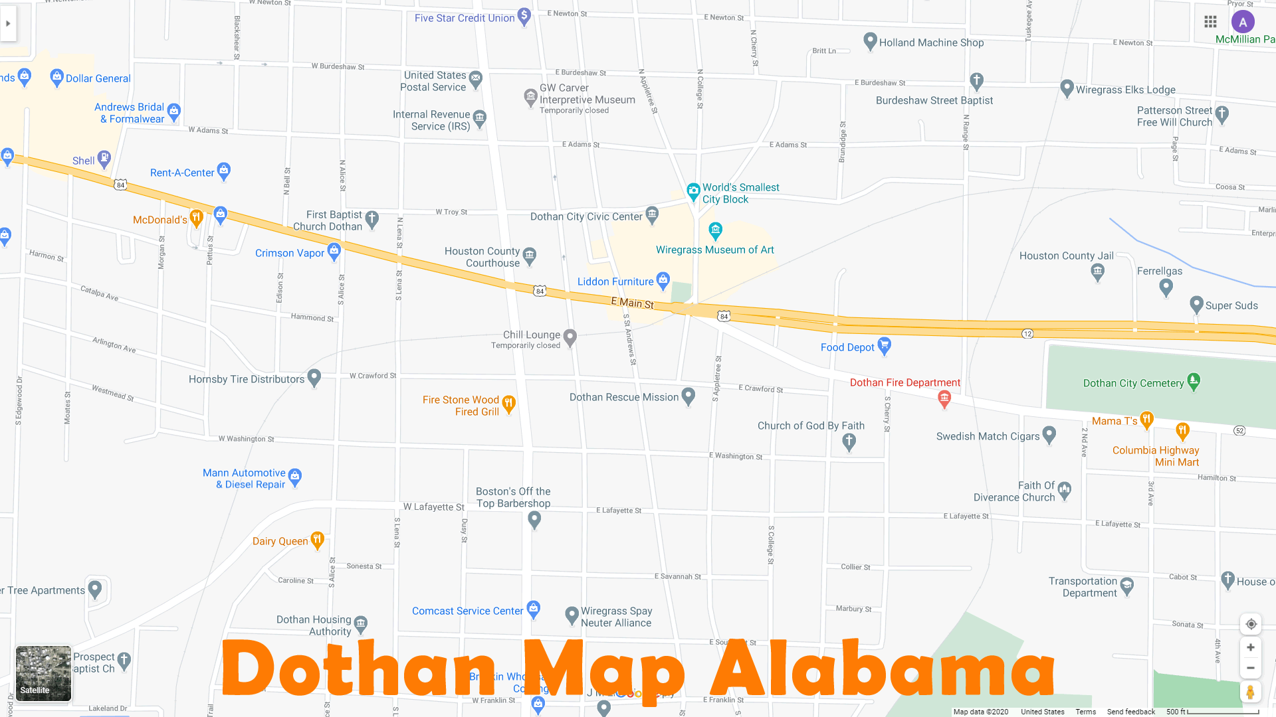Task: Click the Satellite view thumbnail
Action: tap(43, 673)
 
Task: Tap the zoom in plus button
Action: tap(1250, 647)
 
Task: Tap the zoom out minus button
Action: tap(1250, 668)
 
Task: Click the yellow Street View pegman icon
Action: tap(1250, 692)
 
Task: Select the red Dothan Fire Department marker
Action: tap(944, 398)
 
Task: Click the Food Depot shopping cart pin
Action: tap(884, 345)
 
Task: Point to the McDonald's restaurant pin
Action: tap(196, 217)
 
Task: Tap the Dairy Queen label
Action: tap(280, 541)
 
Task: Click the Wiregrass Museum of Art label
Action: tap(714, 250)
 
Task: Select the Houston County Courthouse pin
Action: tap(530, 255)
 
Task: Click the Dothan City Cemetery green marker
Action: tap(1194, 381)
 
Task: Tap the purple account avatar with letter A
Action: tap(1243, 22)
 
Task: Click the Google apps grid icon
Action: tap(1210, 22)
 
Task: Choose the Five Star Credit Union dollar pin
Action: tap(524, 16)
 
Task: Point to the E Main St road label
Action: tap(632, 303)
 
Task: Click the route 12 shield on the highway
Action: tap(1027, 333)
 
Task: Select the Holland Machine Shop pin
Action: tap(870, 40)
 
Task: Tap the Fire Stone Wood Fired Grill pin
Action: tap(508, 403)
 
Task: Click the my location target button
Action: tap(1251, 624)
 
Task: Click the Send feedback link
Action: tap(1130, 712)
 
